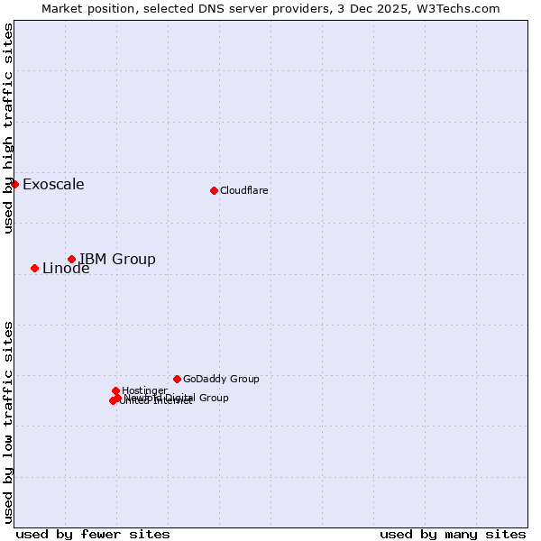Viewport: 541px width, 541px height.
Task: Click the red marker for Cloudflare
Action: click(214, 190)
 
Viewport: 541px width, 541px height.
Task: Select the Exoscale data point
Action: click(14, 184)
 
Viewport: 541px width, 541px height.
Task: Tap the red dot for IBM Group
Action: click(71, 259)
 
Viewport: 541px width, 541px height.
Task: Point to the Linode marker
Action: click(34, 268)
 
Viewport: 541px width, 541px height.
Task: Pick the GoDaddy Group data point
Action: click(177, 379)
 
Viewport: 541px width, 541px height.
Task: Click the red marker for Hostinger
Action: click(115, 390)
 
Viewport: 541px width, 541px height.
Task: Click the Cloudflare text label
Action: click(243, 190)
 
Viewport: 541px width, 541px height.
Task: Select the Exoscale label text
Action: click(53, 185)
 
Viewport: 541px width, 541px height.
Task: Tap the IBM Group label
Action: click(117, 260)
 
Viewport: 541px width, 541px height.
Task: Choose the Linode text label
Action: click(66, 269)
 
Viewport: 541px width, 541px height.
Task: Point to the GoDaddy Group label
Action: click(220, 379)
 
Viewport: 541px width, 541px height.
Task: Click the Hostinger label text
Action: click(144, 390)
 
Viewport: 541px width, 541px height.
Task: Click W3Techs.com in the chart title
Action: click(461, 9)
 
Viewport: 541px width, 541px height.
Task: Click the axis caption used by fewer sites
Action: click(93, 534)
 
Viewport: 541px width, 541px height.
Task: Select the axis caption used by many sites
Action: click(453, 534)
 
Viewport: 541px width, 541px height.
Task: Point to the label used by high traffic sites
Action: click(9, 128)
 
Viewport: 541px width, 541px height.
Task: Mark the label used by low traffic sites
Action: click(9, 421)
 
